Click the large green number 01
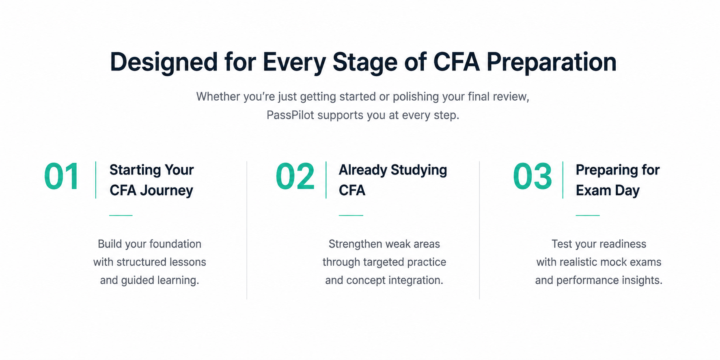[61, 177]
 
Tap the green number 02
[295, 177]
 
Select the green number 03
[532, 177]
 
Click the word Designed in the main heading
[164, 62]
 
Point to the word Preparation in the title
[552, 63]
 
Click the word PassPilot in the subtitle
[290, 115]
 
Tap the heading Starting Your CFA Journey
[151, 180]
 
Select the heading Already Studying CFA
[393, 180]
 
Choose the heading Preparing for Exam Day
[618, 180]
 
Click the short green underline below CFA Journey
[121, 216]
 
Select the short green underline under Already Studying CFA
[351, 216]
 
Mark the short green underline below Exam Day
[588, 216]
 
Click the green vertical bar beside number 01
[96, 180]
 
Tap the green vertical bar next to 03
[563, 180]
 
